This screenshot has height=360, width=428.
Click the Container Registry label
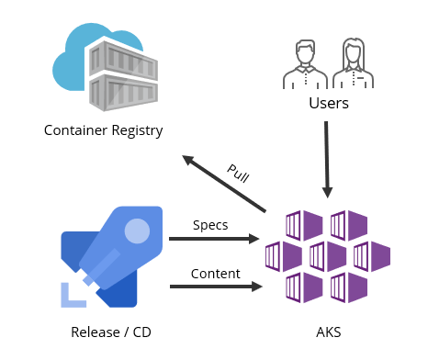[103, 130]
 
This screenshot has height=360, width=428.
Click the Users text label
[328, 103]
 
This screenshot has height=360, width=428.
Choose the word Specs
[210, 225]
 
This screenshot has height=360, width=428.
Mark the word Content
[216, 273]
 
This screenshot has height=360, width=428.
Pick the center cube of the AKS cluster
[327, 254]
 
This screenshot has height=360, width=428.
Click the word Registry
[134, 130]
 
